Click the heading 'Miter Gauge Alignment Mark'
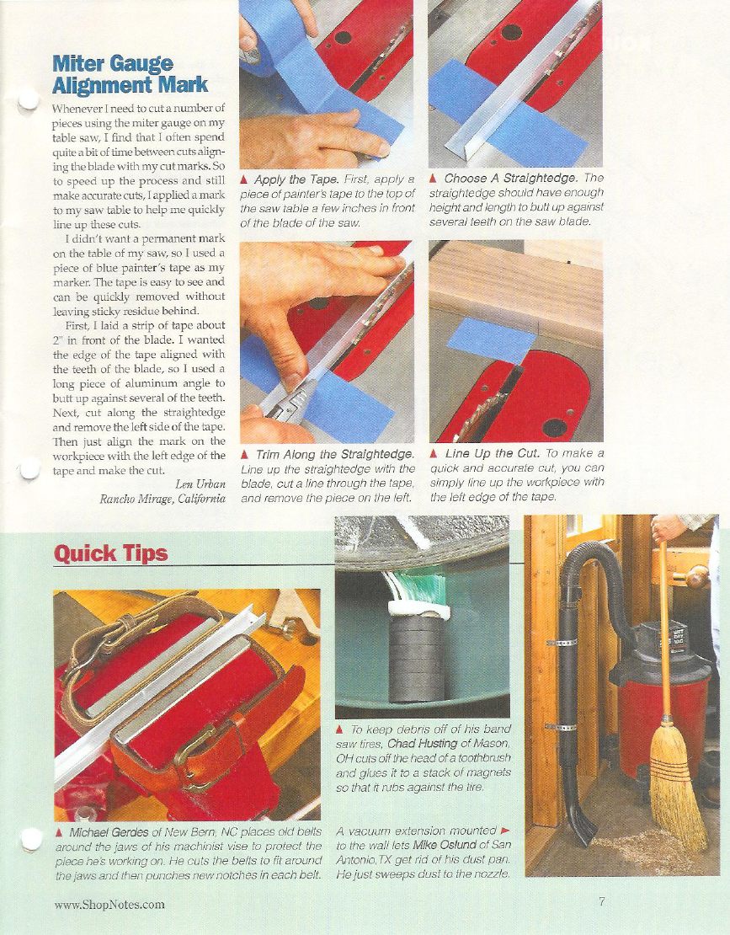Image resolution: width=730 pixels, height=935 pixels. [130, 74]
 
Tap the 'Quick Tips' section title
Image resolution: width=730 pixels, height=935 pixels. [111, 553]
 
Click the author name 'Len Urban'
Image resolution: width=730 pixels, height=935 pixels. [200, 484]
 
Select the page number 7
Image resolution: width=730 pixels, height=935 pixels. [602, 901]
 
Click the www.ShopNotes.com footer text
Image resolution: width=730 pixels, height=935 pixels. [109, 905]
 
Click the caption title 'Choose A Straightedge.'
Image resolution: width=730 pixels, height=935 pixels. [511, 179]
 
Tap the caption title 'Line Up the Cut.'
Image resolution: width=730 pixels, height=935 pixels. [493, 454]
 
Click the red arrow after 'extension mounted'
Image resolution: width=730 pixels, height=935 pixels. [505, 830]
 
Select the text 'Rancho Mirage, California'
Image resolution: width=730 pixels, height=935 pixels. [163, 500]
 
